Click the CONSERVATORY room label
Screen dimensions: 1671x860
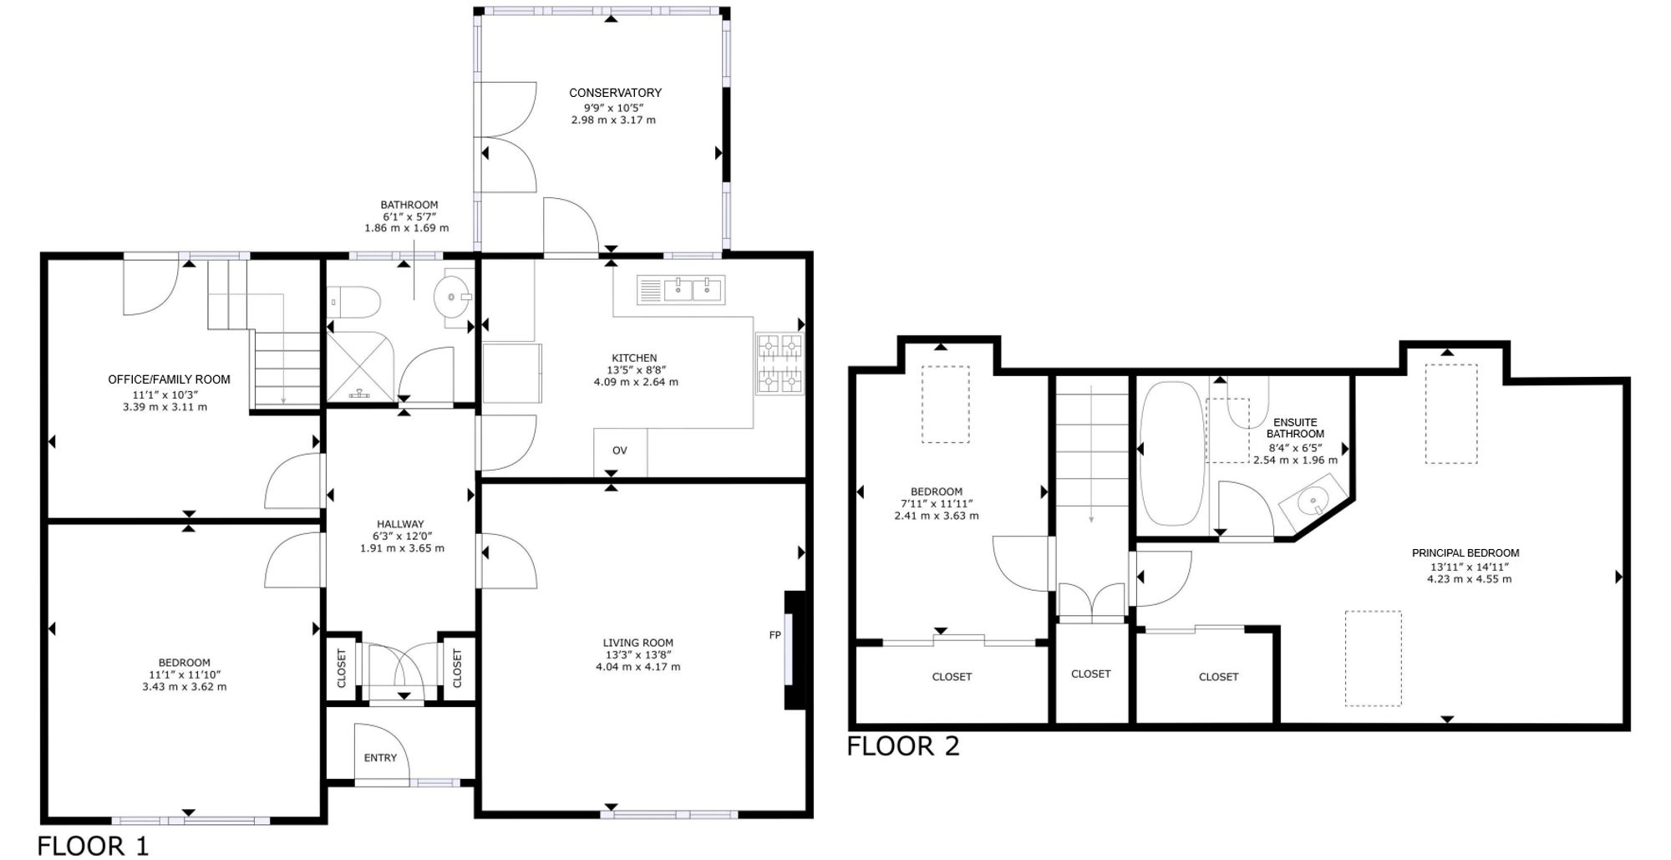(x=615, y=93)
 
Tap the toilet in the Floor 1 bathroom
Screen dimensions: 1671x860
(x=354, y=301)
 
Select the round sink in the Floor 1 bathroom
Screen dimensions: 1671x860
(x=454, y=296)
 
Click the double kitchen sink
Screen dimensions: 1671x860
(x=693, y=290)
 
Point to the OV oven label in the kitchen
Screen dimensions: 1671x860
(x=619, y=450)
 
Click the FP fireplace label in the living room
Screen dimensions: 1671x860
(x=775, y=635)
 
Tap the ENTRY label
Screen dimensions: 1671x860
(x=380, y=757)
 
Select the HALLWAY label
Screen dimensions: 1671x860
(x=400, y=524)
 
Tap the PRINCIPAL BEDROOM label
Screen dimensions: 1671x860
(x=1465, y=552)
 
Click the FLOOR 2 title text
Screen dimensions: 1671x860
(x=903, y=746)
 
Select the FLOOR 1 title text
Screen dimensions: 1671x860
(x=93, y=846)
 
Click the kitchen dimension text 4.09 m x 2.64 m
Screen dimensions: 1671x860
(x=636, y=382)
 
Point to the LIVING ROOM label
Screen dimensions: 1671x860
(x=638, y=643)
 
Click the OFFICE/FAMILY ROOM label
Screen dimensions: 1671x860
(x=169, y=379)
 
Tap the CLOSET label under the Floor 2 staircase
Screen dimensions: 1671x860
(x=1090, y=674)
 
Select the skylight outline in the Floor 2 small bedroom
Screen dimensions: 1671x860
(x=945, y=405)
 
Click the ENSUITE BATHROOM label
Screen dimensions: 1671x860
(x=1295, y=428)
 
